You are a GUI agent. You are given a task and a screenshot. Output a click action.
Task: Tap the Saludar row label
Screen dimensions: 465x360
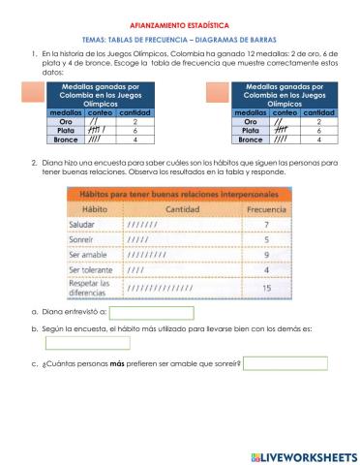(x=89, y=224)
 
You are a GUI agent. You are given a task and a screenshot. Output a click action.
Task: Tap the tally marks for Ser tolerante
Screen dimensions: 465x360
(x=135, y=271)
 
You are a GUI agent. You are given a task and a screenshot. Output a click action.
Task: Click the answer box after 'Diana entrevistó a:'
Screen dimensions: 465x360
(x=152, y=313)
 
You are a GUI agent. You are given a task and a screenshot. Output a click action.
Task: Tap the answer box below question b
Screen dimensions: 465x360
(x=87, y=342)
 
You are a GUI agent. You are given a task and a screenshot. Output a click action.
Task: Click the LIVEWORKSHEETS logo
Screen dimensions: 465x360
(x=303, y=455)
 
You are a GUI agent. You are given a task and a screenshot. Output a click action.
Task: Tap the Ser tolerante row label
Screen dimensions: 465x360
(x=96, y=271)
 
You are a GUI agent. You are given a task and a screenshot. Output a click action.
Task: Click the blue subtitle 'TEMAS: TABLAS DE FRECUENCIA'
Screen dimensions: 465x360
(x=181, y=38)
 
